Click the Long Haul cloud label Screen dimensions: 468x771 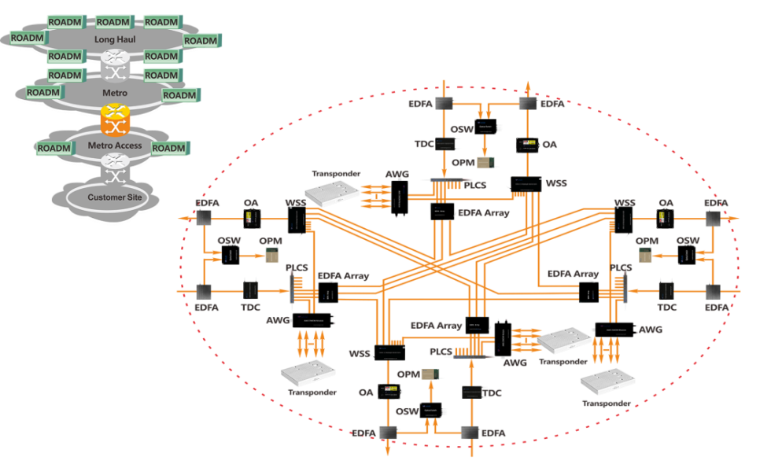[116, 39]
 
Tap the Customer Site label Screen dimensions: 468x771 [115, 197]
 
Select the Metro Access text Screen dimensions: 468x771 [115, 146]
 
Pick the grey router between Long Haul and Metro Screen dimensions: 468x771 [115, 65]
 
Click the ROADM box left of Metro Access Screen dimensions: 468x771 [53, 148]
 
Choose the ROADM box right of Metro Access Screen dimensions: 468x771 [168, 148]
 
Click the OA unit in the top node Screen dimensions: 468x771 [527, 145]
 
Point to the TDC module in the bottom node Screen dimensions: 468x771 [471, 392]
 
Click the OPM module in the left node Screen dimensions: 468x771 [271, 255]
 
